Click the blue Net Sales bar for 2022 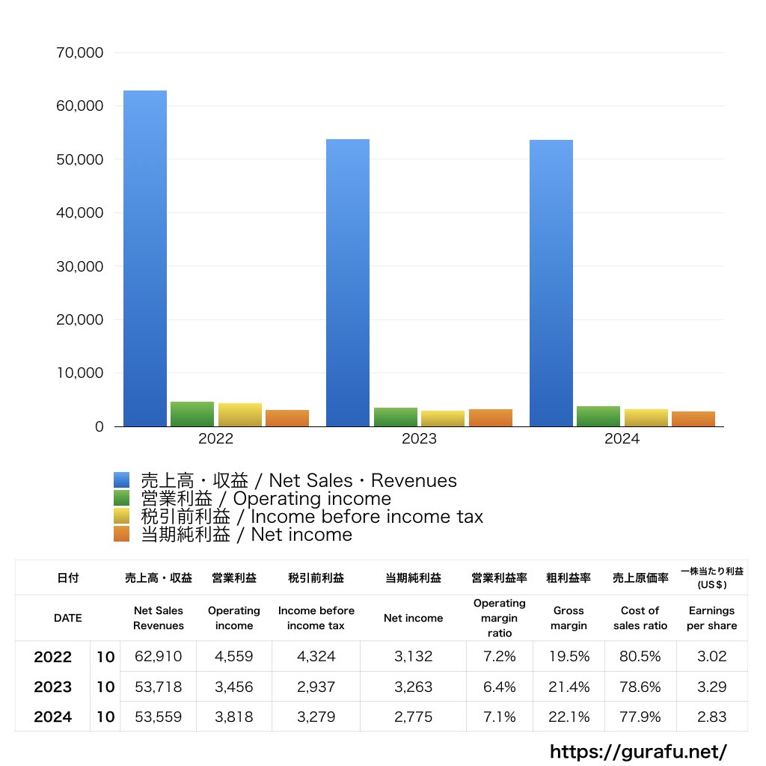click(x=145, y=258)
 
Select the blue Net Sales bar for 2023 click(x=348, y=283)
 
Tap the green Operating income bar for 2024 click(x=598, y=417)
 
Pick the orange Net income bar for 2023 click(x=491, y=418)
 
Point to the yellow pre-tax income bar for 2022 click(x=240, y=415)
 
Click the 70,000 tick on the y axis click(x=80, y=53)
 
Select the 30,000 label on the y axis click(x=80, y=266)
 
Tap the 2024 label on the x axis click(x=622, y=439)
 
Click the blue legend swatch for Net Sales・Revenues click(x=122, y=480)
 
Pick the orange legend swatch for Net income click(x=122, y=534)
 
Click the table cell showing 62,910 click(x=158, y=657)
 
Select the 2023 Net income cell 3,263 click(x=413, y=687)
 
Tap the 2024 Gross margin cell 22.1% click(x=569, y=717)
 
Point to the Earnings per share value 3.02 click(x=711, y=657)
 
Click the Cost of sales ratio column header click(x=640, y=618)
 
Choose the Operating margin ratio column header click(x=499, y=618)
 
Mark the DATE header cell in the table click(x=67, y=618)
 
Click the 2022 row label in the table click(x=53, y=657)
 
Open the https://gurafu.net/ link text click(x=638, y=750)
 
